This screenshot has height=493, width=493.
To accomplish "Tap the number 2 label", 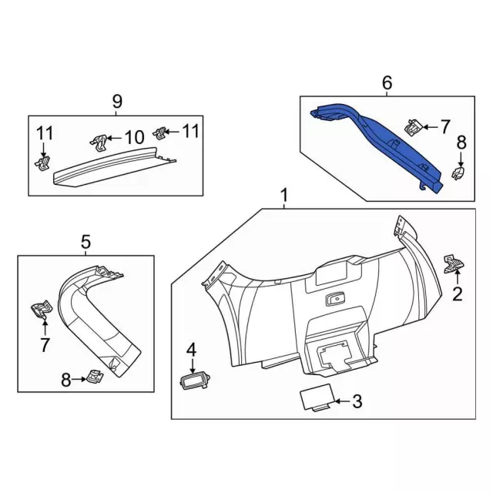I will (457, 293).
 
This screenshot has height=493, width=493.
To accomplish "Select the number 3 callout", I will (356, 401).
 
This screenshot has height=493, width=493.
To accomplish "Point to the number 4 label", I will (191, 351).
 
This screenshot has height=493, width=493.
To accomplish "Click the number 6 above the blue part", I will (387, 82).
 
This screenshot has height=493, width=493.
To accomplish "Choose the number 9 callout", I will (117, 100).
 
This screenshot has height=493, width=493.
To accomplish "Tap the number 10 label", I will (134, 138).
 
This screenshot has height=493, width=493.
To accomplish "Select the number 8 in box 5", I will (66, 378).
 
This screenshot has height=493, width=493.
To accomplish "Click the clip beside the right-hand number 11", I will (161, 133).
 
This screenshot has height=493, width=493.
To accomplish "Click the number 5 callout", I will (86, 243).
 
